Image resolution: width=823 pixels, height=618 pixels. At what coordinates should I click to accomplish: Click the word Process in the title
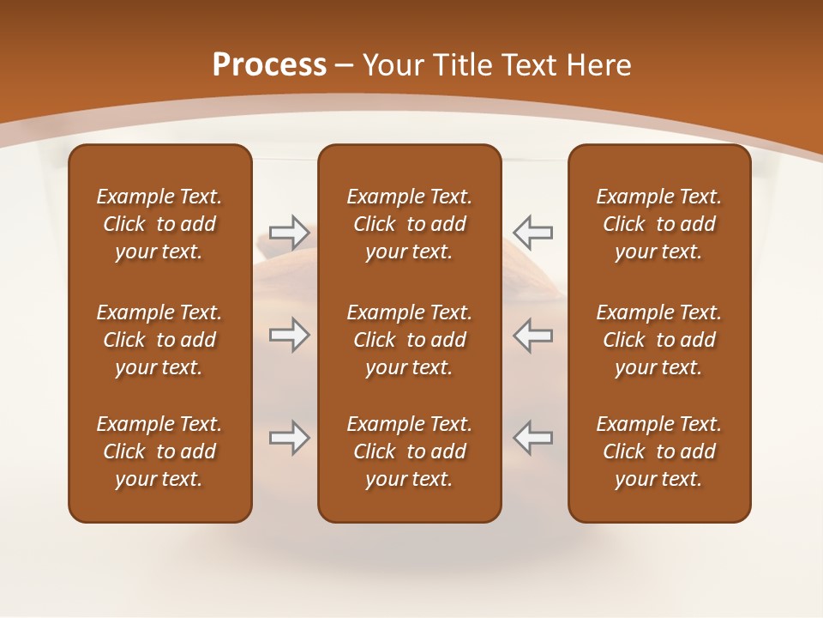point(269,65)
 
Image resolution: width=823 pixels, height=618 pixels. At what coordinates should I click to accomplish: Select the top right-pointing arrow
point(289,231)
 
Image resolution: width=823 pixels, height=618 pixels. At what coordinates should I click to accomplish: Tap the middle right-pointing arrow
point(289,335)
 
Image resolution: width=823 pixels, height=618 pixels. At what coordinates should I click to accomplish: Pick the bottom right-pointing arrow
point(289,438)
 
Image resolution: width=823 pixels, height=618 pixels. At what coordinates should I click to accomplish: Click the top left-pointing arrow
point(532,231)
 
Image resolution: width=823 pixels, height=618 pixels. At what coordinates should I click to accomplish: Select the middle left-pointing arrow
point(532,335)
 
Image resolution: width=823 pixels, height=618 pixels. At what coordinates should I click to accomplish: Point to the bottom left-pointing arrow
point(532,438)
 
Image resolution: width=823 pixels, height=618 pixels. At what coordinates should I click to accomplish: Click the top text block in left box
point(159,224)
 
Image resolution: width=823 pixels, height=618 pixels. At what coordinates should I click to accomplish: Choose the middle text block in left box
point(159,340)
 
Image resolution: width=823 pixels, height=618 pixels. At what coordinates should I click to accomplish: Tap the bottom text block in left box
point(159,451)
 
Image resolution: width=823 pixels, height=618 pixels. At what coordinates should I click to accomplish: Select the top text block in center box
point(409,224)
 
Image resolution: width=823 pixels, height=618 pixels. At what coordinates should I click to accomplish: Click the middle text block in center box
point(409,340)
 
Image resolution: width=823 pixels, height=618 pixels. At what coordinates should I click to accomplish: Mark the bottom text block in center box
point(409,451)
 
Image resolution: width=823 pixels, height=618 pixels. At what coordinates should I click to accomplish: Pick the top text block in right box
point(658,224)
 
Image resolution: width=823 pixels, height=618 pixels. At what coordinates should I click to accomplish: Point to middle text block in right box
point(658,340)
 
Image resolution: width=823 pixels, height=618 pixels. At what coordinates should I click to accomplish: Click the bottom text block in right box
point(658,451)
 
